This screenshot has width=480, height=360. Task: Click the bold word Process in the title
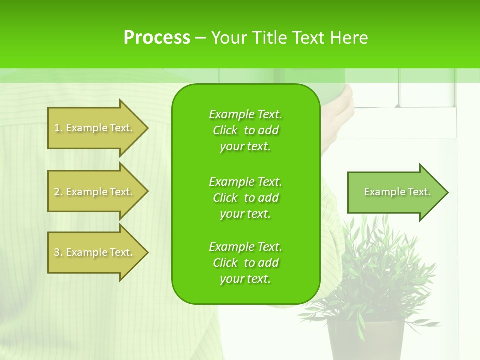pyautogui.click(x=157, y=38)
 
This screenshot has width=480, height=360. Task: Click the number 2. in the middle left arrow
pyautogui.click(x=58, y=192)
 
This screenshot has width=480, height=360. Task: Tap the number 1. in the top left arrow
pyautogui.click(x=58, y=128)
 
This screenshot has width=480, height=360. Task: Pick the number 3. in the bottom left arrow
pyautogui.click(x=58, y=252)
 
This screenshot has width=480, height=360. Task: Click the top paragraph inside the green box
pyautogui.click(x=245, y=130)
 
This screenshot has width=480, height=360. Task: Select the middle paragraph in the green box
pyautogui.click(x=245, y=198)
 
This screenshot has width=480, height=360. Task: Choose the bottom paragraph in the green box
pyautogui.click(x=245, y=263)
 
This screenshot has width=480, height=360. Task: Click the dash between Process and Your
pyautogui.click(x=200, y=38)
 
